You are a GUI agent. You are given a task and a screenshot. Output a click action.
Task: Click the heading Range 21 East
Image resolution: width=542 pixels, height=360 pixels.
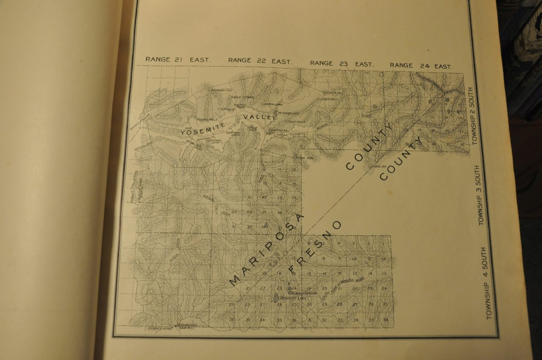click(177, 60)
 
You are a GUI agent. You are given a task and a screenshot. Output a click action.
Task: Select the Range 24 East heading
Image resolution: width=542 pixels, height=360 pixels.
click(421, 66)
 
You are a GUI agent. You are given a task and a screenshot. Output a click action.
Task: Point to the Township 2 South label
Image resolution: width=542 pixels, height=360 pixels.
click(475, 116)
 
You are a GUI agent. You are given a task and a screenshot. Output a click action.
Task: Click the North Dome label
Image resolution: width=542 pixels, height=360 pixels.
click(273, 104)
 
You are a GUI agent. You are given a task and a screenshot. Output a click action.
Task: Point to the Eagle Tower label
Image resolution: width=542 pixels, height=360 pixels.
click(243, 97)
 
